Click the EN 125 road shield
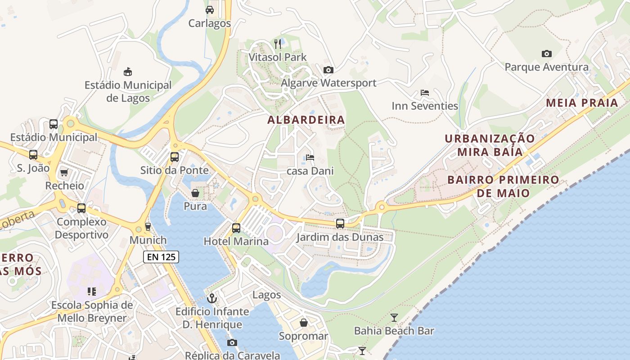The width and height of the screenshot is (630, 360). [161, 257]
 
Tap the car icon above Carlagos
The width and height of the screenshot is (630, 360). [210, 10]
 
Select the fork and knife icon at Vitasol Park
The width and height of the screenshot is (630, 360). [278, 44]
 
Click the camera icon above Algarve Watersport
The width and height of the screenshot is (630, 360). [328, 70]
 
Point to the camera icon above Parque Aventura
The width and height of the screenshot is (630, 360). [546, 54]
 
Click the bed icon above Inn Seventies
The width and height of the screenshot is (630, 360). [424, 93]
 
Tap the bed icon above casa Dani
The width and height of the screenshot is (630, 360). [310, 157]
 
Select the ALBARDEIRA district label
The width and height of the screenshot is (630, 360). [306, 120]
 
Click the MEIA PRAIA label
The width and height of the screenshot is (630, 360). [582, 103]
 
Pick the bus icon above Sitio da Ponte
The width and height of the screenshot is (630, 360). [175, 157]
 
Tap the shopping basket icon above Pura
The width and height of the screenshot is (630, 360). [195, 193]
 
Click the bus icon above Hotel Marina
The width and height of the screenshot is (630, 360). [236, 228]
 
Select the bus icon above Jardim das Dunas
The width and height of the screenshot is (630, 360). [340, 224]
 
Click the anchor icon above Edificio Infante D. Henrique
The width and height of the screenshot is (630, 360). [211, 298]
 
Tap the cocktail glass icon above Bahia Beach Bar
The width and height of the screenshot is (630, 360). [394, 318]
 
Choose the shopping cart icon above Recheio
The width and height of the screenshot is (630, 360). [64, 172]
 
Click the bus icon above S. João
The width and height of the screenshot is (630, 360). [33, 155]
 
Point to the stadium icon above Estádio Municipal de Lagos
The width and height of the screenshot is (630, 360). [128, 72]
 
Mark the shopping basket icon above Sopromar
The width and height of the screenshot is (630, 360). [304, 323]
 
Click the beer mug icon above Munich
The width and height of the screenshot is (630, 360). [148, 227]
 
